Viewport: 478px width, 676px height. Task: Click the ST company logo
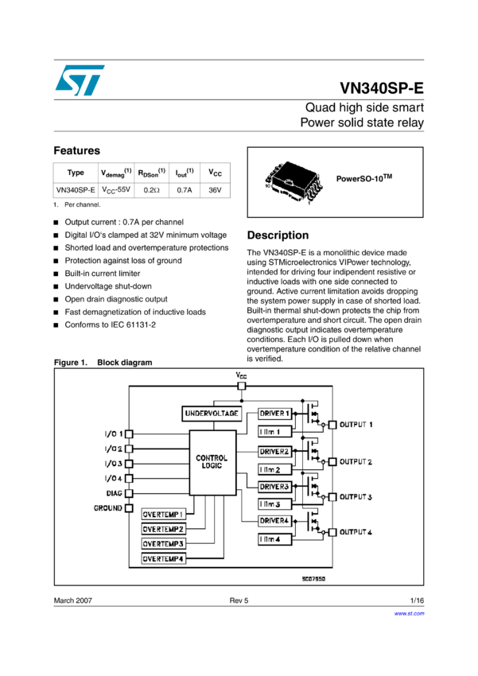[x=80, y=80]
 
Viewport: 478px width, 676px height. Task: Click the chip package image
[x=293, y=183]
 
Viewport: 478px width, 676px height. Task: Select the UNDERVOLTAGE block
[x=212, y=414]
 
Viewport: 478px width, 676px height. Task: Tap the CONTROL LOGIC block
[x=212, y=462]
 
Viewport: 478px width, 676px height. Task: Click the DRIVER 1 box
[x=275, y=414]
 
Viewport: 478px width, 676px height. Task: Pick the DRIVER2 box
[x=275, y=451]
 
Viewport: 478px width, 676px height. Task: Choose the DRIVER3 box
[x=275, y=486]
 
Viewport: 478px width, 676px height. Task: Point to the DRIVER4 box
[x=275, y=521]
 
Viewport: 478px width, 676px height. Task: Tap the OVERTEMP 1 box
[x=164, y=515]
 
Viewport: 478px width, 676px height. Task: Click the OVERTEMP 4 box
[x=164, y=559]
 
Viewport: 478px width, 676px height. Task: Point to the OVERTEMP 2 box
[x=164, y=529]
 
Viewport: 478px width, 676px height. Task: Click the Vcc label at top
[x=242, y=374]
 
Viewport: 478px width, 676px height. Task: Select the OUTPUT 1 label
[x=356, y=425]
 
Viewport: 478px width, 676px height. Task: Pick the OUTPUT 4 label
[x=356, y=531]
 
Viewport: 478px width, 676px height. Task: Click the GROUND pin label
[x=107, y=507]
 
